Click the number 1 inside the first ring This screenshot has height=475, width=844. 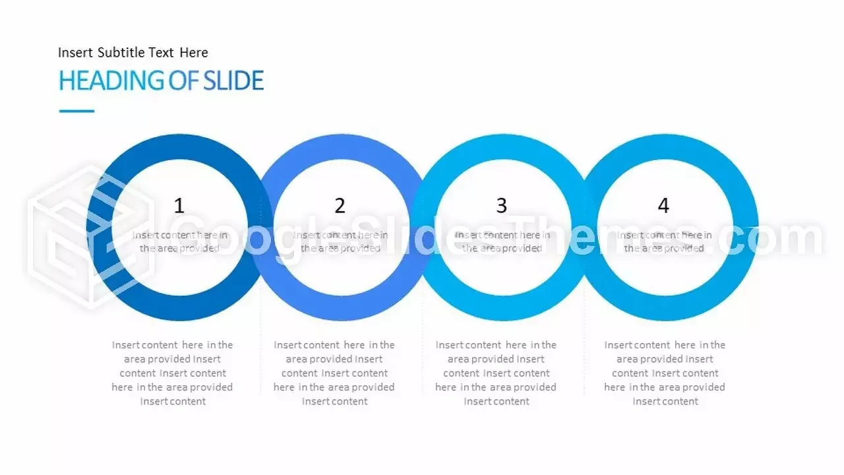pos(179,206)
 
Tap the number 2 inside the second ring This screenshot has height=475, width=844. pos(340,206)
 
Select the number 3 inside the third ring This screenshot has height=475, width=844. pos(502,206)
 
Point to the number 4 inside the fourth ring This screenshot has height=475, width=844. pos(663,206)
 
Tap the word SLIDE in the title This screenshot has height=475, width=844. pos(233,80)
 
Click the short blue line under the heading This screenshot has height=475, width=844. pos(76,111)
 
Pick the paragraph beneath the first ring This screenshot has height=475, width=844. pos(172,373)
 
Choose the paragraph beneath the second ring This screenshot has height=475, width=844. pos(334,373)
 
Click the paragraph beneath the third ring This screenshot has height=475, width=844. pos(496,373)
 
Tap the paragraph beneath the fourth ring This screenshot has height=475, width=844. pos(665,373)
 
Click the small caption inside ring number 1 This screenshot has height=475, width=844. pos(180,241)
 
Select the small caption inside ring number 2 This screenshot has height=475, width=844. pos(341,241)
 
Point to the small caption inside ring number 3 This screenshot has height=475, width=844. pos(502,241)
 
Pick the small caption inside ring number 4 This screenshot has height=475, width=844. pos(664,241)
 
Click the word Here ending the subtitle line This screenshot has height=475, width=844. pos(194,52)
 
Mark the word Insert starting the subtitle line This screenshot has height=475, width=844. pos(75,52)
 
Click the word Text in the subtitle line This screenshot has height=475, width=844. pos(161,52)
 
